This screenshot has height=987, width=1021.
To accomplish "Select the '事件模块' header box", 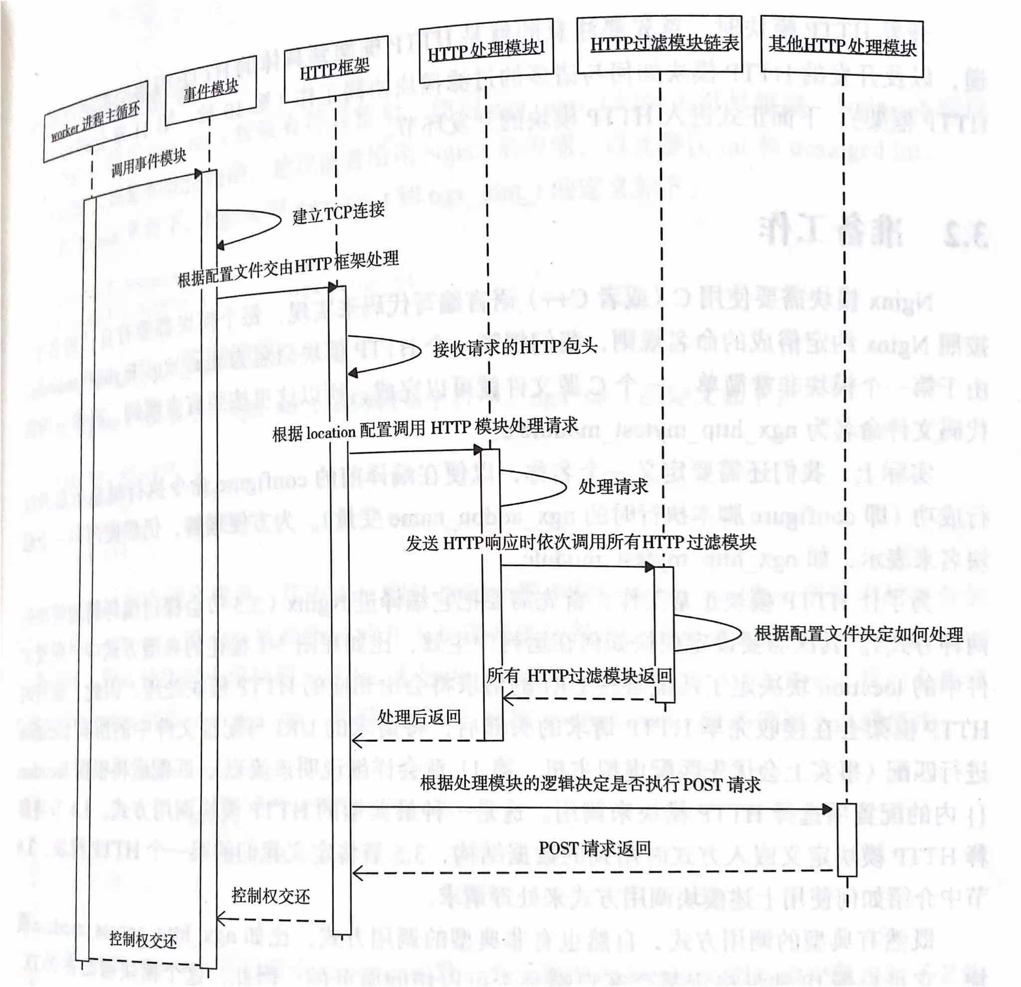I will [x=210, y=90].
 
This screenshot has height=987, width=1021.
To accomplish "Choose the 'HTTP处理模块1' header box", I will [x=486, y=49].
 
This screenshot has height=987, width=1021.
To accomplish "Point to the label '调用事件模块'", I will [x=149, y=163].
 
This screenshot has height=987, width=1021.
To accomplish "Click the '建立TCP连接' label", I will [x=338, y=212].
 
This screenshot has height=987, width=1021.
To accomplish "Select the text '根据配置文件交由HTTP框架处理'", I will [x=288, y=269].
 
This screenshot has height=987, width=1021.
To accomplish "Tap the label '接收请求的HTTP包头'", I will [x=514, y=348].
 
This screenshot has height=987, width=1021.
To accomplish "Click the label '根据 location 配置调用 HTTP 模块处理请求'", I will [x=425, y=429].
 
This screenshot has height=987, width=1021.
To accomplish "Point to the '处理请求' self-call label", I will [x=613, y=487].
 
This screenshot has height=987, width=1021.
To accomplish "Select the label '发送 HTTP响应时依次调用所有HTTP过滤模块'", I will [x=580, y=543].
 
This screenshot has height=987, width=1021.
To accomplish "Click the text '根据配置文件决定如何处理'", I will [x=858, y=634].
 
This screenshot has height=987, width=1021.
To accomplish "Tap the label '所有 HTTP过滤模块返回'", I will [x=579, y=676].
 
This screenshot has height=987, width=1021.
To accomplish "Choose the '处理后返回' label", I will [x=419, y=717].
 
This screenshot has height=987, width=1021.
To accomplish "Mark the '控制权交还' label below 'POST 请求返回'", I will [x=271, y=896].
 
